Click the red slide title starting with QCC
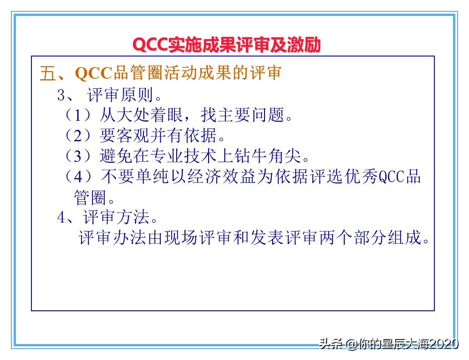click(226, 45)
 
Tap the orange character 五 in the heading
click(47, 73)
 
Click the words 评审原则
click(119, 95)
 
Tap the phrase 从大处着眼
click(142, 115)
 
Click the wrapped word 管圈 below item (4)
click(91, 197)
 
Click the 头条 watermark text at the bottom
click(331, 344)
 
